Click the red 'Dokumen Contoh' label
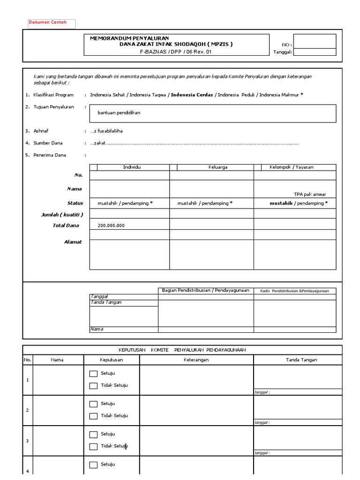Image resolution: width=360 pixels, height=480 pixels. [48, 22]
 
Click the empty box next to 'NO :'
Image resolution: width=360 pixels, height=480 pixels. [315, 41]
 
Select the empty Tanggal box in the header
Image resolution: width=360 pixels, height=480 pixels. [315, 52]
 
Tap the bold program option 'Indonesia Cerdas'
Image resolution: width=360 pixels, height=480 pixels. [192, 95]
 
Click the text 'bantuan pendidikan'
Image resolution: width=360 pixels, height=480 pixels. [119, 113]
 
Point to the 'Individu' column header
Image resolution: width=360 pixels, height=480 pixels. [132, 167]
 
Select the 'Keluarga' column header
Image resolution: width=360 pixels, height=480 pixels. [217, 167]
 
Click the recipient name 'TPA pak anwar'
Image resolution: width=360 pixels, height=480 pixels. [310, 194]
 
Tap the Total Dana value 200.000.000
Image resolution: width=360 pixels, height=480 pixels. [111, 225]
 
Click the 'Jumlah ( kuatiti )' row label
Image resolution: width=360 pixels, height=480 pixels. [62, 215]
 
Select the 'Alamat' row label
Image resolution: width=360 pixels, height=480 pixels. [73, 242]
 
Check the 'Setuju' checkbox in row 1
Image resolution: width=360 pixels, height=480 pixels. [93, 374]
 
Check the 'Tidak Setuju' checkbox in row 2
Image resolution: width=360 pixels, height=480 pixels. [93, 416]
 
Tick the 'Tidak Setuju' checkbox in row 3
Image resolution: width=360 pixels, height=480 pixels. [93, 446]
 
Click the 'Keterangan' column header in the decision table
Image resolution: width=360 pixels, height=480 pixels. [196, 360]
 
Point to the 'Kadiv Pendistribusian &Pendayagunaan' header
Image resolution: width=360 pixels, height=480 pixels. [294, 291]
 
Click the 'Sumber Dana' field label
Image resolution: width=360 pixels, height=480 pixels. [47, 143]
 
